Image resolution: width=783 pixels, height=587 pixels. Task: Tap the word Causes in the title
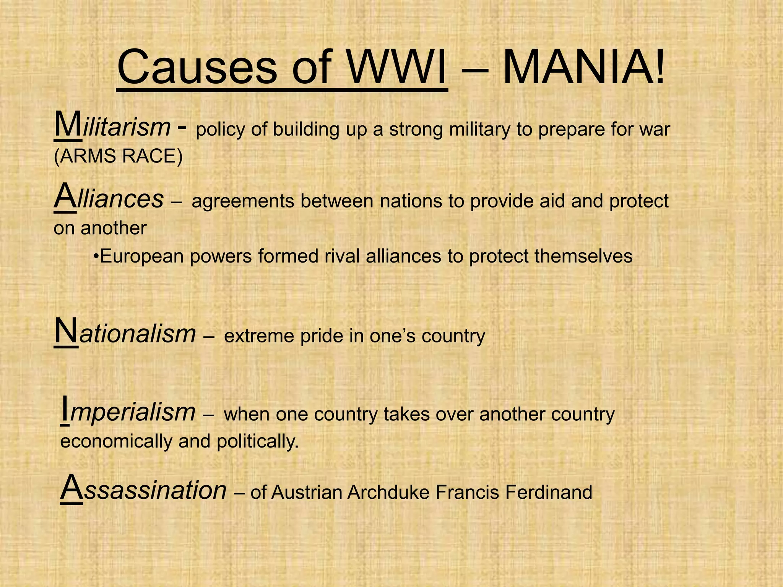pyautogui.click(x=197, y=67)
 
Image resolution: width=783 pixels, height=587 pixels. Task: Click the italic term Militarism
pyautogui.click(x=112, y=126)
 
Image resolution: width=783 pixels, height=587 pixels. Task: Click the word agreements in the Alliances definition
pyautogui.click(x=242, y=201)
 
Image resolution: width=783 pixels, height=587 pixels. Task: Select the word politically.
pyautogui.click(x=257, y=442)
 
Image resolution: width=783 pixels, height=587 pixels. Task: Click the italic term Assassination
pyautogui.click(x=143, y=490)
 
